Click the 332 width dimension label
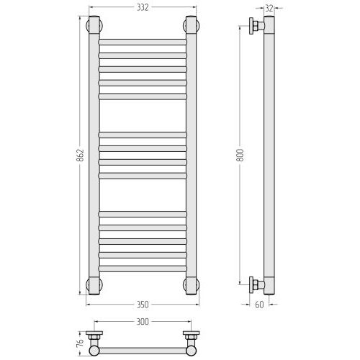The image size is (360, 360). (x=143, y=8)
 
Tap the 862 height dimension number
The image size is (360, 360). (x=81, y=155)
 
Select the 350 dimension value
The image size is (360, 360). (x=143, y=305)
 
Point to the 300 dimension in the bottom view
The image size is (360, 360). (x=143, y=322)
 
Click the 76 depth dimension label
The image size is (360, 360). (x=81, y=343)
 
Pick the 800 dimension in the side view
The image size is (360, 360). (x=240, y=155)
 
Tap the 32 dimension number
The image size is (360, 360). (x=269, y=9)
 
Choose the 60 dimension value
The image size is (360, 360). (x=259, y=305)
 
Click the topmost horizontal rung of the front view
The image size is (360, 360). (x=143, y=42)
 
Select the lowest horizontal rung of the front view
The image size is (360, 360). (x=143, y=269)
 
